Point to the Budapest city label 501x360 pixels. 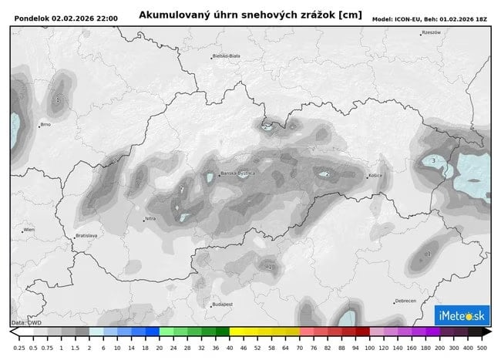pos(222,304)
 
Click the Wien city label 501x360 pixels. pos(29,230)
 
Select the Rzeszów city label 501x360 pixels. pos(431,32)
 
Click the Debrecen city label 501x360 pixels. pos(405,301)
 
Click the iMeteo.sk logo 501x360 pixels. pos(460,315)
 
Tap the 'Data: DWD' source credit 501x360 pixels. pos(27,322)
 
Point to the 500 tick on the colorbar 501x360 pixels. pos(483,348)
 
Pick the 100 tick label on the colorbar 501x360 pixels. pos(371,348)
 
